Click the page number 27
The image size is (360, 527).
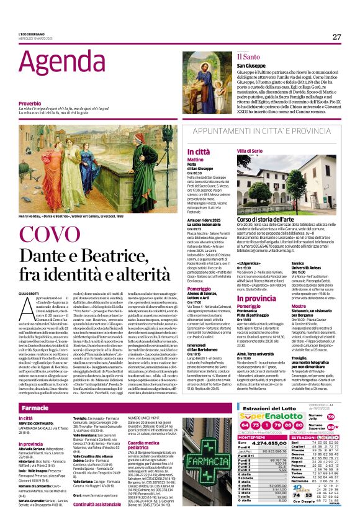[x=336, y=37]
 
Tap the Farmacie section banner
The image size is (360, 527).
[x=35, y=408]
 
